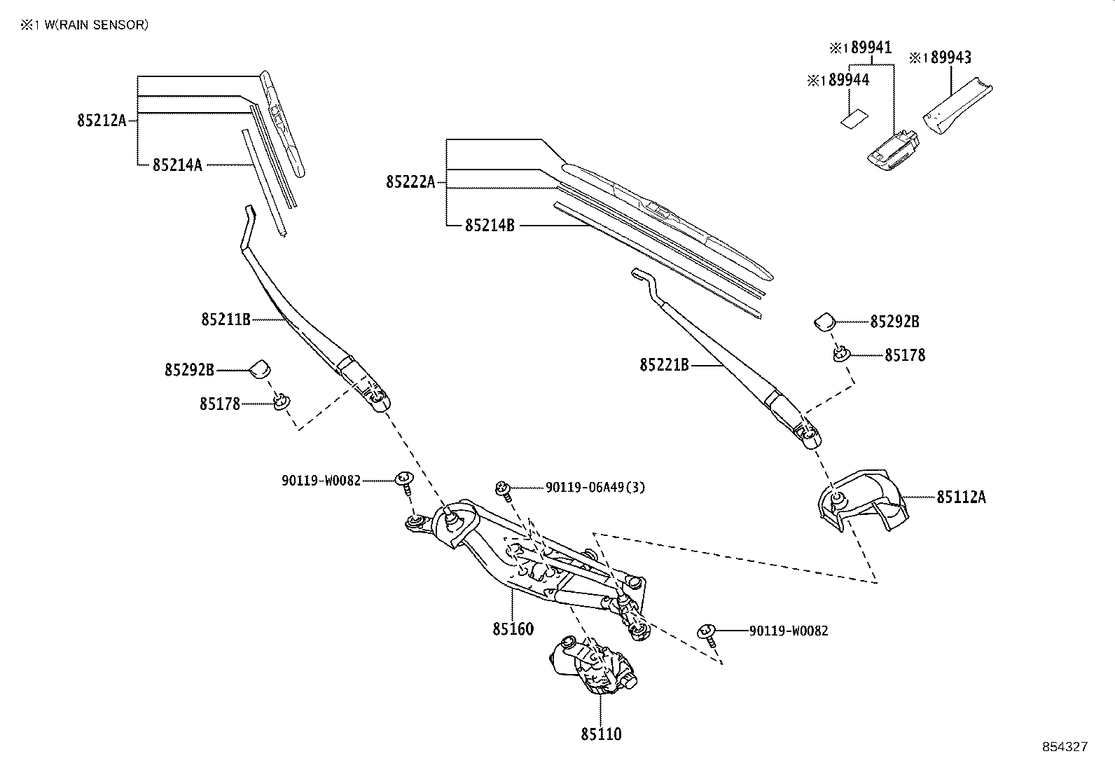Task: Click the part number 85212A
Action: (102, 121)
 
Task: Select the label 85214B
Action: (490, 226)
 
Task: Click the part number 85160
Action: (513, 628)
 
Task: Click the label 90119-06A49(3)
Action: (595, 487)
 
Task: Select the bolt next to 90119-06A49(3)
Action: (502, 488)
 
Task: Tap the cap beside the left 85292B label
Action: (260, 368)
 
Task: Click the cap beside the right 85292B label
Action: (824, 321)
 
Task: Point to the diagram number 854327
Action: (1065, 747)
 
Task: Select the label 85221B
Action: (664, 365)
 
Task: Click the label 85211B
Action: (226, 319)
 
